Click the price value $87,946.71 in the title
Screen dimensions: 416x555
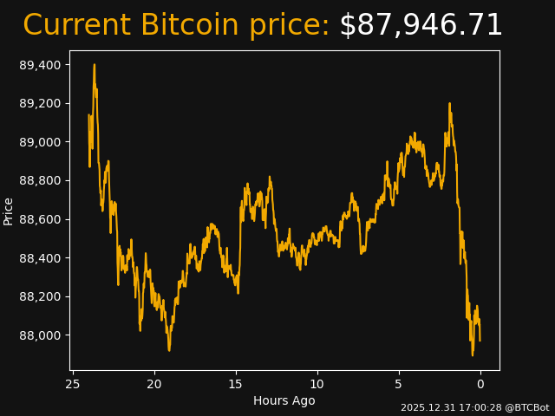click(421, 26)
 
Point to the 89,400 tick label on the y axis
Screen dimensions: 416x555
click(42, 65)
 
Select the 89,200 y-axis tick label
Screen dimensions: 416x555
click(42, 104)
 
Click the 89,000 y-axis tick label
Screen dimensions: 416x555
click(42, 142)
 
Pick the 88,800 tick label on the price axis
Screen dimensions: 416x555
click(42, 181)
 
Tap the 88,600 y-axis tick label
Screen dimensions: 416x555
click(42, 219)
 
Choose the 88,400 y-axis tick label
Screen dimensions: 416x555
click(42, 258)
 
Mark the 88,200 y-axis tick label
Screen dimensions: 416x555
click(42, 296)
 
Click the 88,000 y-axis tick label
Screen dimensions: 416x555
click(42, 335)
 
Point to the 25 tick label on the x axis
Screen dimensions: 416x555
click(73, 384)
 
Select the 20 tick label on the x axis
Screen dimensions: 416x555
click(154, 384)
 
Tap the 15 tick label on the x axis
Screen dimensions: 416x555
click(236, 384)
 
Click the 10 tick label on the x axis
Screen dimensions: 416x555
click(317, 384)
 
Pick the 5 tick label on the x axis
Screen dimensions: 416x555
click(399, 384)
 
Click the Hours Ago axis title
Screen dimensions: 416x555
click(284, 400)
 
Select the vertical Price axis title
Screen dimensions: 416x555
click(9, 211)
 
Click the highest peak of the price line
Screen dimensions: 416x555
click(94, 64)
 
